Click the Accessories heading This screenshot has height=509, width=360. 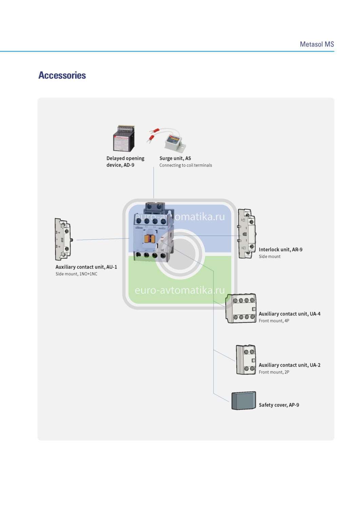(x=62, y=75)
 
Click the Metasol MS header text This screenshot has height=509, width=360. (x=317, y=44)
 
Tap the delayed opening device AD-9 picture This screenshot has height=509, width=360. (x=124, y=138)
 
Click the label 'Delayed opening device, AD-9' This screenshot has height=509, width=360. (x=125, y=162)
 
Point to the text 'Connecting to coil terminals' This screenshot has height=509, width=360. (x=186, y=165)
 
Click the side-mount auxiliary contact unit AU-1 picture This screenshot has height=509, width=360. (x=63, y=239)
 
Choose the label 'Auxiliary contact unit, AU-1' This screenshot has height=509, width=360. (x=86, y=267)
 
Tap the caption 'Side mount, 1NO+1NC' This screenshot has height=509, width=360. (x=76, y=274)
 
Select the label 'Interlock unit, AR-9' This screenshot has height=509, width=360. (x=280, y=249)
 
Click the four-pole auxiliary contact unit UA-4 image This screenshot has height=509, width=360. (x=241, y=308)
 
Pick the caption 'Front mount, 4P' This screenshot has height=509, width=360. (x=274, y=321)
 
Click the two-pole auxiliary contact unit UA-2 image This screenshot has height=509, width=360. (x=246, y=360)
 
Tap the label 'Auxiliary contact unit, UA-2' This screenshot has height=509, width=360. (x=289, y=365)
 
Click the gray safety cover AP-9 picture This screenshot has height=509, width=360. (x=244, y=400)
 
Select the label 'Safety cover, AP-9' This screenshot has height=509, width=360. (x=279, y=405)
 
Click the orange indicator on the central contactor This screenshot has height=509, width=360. (x=149, y=239)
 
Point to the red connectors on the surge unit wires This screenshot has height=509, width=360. (x=153, y=134)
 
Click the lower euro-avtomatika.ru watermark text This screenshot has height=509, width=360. (x=179, y=290)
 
